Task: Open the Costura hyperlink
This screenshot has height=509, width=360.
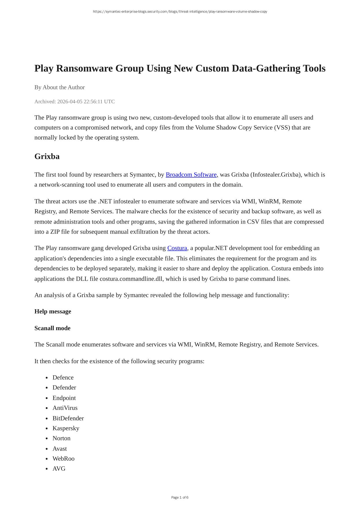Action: [177, 248]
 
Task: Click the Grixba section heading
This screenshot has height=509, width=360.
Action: [47, 157]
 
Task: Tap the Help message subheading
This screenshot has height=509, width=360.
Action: [53, 312]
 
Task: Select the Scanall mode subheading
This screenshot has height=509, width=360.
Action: [52, 328]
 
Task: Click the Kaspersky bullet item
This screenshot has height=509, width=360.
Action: [66, 428]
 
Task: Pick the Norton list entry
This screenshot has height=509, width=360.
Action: [61, 438]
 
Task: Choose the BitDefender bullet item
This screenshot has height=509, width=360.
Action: [68, 418]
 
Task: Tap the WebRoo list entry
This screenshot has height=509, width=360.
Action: [63, 459]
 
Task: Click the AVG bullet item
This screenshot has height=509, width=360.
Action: [59, 469]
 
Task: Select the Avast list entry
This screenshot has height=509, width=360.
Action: [60, 449]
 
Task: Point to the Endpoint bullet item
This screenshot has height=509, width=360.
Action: [64, 398]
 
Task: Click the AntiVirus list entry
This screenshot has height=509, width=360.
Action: [65, 408]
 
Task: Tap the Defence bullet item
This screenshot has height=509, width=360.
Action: [63, 378]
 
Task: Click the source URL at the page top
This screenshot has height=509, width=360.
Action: [180, 12]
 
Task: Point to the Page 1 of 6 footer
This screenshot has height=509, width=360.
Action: [180, 497]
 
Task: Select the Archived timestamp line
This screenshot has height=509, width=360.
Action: [74, 102]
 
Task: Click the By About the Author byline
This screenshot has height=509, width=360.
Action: [59, 88]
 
